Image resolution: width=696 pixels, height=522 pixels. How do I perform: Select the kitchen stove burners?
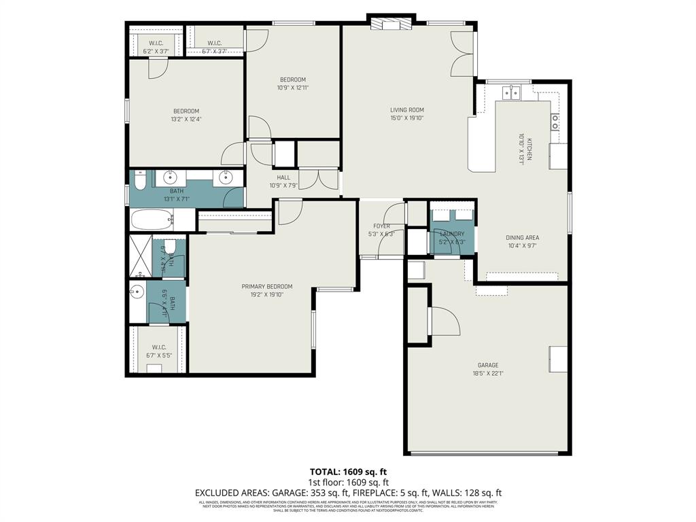click(555, 122)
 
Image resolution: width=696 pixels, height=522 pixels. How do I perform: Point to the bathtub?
click(152, 220)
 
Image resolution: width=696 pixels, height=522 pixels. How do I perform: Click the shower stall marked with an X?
click(140, 256)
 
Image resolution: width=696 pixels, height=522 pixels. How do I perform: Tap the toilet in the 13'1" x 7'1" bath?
click(139, 181)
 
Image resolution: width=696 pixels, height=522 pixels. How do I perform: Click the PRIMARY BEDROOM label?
click(267, 286)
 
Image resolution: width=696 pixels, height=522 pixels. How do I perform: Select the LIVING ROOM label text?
click(406, 110)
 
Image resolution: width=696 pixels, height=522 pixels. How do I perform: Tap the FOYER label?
click(381, 226)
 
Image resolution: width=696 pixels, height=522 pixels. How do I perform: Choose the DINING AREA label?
click(522, 238)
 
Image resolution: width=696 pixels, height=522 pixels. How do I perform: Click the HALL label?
click(283, 178)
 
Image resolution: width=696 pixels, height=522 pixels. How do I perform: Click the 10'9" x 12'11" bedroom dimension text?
click(292, 88)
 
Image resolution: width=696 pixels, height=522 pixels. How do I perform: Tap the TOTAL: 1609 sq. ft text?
click(348, 471)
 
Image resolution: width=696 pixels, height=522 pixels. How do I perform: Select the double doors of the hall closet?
click(318, 179)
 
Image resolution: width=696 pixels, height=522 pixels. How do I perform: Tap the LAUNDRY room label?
click(452, 234)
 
